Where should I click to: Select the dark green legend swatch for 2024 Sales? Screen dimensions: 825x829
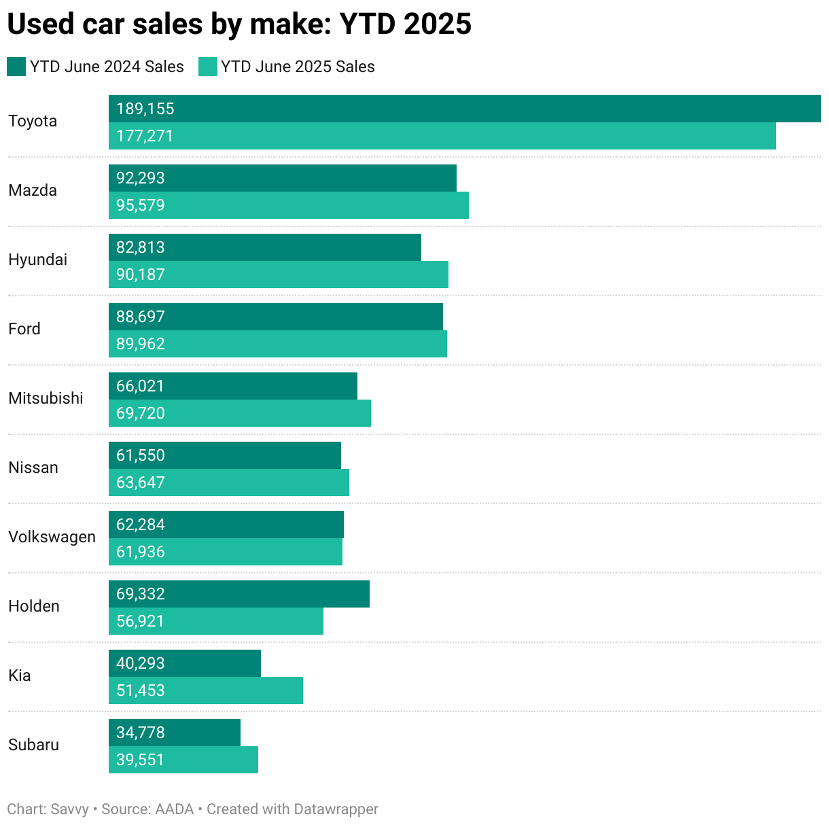[16, 67]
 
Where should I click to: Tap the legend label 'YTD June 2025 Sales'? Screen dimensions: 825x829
[298, 67]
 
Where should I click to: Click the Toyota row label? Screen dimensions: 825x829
[33, 122]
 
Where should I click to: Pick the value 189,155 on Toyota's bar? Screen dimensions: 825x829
[145, 109]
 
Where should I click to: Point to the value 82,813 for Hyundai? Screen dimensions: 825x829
[141, 247]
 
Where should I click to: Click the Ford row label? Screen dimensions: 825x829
[24, 329]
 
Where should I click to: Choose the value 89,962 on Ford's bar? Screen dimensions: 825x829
[141, 344]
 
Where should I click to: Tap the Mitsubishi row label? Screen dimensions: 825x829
[46, 398]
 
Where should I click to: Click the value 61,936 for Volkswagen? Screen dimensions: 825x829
[141, 552]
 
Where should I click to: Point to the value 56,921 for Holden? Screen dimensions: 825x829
[141, 621]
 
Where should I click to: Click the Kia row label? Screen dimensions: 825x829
[20, 675]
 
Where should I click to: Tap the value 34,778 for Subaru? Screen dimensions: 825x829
[141, 733]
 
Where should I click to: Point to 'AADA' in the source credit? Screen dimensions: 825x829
[175, 809]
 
